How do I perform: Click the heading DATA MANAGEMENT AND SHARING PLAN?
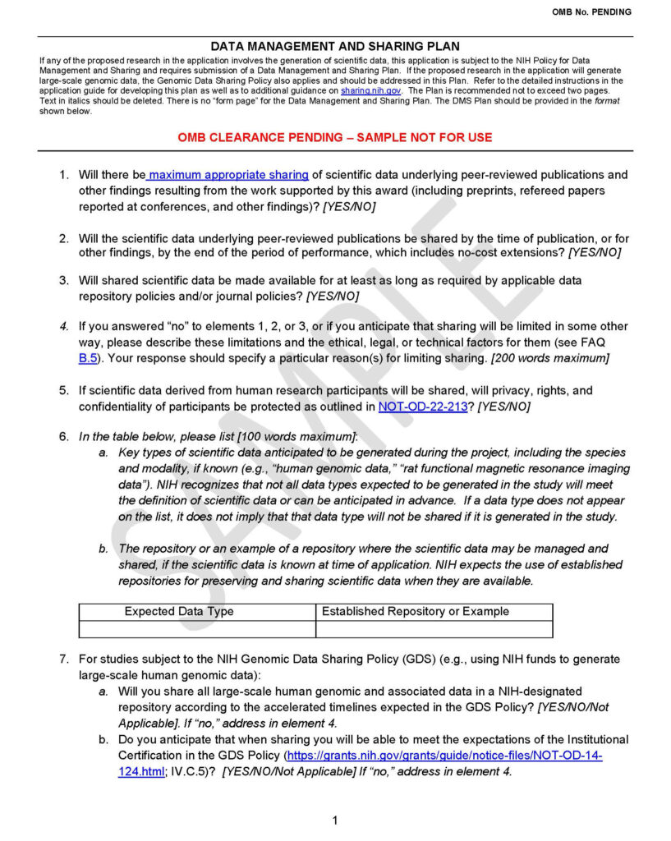tap(335, 47)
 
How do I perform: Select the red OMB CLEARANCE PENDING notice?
tap(335, 137)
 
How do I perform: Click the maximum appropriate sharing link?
tap(229, 175)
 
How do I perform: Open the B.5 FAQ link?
tap(88, 358)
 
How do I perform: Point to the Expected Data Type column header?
tap(179, 611)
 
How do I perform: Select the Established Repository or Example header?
tap(416, 611)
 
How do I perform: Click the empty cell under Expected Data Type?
tap(197, 629)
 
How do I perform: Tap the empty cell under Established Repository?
tap(434, 629)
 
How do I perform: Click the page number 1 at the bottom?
tap(335, 820)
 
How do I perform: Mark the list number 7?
tap(63, 659)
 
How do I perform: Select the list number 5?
tap(63, 390)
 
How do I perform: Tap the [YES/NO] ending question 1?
tap(349, 207)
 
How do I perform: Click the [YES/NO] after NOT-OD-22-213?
tap(503, 407)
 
